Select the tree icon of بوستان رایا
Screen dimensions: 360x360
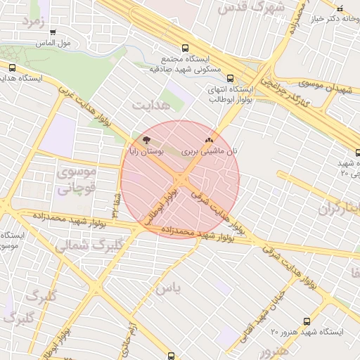(x=146, y=140)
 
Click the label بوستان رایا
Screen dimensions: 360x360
(x=146, y=150)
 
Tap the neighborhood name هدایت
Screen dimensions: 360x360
(x=150, y=105)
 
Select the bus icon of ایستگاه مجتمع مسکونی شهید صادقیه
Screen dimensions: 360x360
(x=185, y=49)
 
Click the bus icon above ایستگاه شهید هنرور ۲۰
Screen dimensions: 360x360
(x=307, y=321)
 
